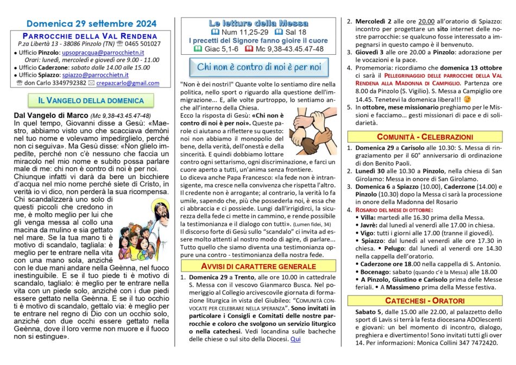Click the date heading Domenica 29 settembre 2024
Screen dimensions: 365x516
91,24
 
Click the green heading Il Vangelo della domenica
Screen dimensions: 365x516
91,101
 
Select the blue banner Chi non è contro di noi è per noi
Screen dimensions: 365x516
259,67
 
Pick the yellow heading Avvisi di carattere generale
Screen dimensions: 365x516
259,266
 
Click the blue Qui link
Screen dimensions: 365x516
295,339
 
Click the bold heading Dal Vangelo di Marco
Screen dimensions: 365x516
48,116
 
